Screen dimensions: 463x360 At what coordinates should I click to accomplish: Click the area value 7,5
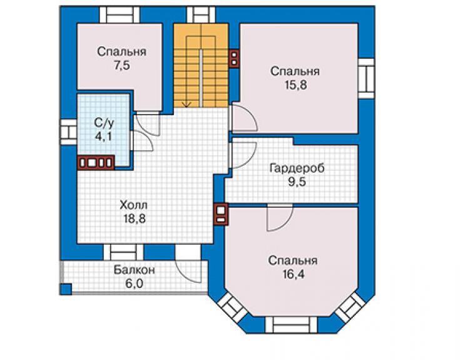click(x=122, y=66)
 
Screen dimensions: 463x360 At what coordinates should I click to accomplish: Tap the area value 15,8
click(x=295, y=85)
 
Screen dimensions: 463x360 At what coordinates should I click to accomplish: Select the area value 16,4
click(x=293, y=274)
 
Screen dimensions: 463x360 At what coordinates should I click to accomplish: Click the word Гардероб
click(x=297, y=168)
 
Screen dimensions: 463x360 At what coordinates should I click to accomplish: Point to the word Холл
click(x=134, y=205)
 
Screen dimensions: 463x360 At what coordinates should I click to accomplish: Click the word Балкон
click(x=135, y=270)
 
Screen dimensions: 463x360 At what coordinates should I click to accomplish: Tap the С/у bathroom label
click(x=104, y=123)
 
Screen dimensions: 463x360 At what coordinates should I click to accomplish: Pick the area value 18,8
click(x=135, y=219)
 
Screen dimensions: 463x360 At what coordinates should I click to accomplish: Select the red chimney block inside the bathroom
click(x=96, y=163)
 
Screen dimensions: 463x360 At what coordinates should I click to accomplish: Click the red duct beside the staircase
click(x=234, y=58)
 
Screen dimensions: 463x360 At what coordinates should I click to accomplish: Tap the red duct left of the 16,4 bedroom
click(x=221, y=214)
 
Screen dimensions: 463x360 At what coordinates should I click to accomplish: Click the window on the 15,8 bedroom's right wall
click(x=367, y=79)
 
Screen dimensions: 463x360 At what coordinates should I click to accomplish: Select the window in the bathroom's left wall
click(x=68, y=132)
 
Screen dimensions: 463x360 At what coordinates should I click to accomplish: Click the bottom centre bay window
click(x=291, y=325)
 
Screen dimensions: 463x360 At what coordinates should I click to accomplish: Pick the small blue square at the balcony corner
click(x=66, y=289)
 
